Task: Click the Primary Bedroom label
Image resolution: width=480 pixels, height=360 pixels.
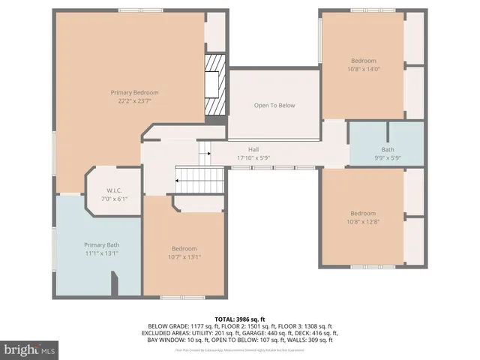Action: (x=136, y=92)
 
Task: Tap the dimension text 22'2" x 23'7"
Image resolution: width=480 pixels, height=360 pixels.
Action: (x=136, y=100)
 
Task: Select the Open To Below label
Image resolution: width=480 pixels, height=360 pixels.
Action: (x=274, y=106)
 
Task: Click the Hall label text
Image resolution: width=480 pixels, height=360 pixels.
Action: (x=253, y=149)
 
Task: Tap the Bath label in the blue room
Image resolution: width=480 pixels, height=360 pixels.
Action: (x=387, y=149)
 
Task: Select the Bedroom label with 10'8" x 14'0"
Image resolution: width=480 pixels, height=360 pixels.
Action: (x=363, y=61)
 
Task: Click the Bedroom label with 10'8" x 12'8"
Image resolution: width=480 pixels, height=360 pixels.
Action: (x=363, y=212)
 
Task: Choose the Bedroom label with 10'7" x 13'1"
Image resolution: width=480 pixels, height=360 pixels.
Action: (x=184, y=249)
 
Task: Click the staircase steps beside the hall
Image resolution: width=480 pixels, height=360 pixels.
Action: (x=199, y=179)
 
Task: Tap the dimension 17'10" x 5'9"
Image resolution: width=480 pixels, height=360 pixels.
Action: (x=253, y=157)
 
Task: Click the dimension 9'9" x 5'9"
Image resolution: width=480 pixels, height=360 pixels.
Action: (x=387, y=157)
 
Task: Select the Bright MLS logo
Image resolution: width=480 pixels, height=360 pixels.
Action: (x=30, y=349)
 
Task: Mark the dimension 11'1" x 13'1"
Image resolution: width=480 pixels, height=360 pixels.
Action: (x=101, y=253)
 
